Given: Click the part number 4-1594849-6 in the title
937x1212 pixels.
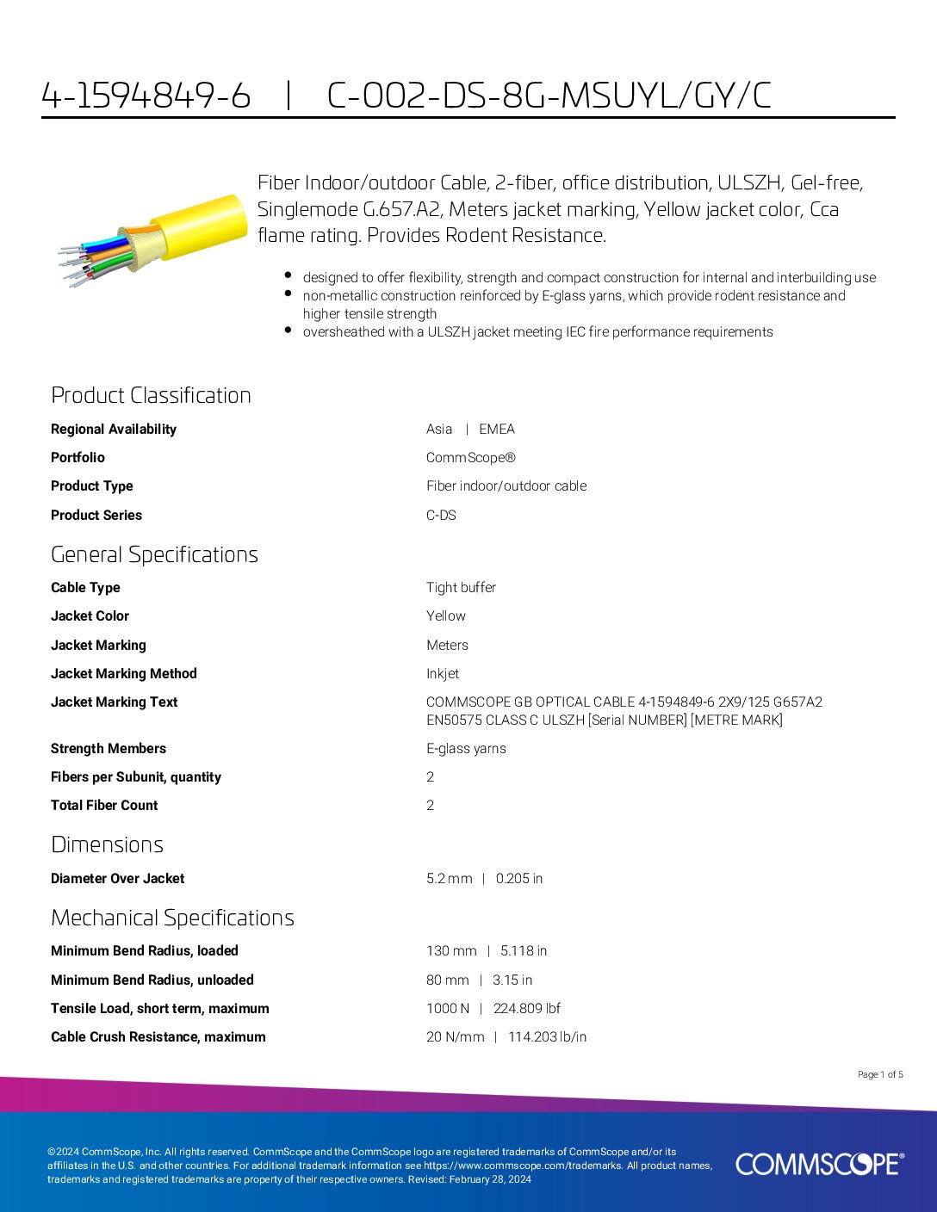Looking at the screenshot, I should point(146,96).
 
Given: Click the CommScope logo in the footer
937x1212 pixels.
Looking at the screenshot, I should point(819,1164).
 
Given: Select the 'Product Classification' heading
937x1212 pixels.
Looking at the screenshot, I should point(151,395).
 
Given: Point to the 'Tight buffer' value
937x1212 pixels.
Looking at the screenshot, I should point(461,587).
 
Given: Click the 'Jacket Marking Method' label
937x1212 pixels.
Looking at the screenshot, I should point(123,673).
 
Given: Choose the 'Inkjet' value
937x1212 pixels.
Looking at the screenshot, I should point(442,673).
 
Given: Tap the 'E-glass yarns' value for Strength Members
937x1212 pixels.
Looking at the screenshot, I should point(466,748).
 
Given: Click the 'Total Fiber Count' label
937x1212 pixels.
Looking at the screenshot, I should point(104,805).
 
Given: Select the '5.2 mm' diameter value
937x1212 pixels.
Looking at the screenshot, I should point(449,878).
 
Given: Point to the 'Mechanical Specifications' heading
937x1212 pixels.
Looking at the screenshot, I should point(172,918).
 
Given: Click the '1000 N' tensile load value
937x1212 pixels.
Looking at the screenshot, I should point(448,1008).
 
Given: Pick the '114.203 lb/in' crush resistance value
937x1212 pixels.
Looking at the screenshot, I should point(547,1036).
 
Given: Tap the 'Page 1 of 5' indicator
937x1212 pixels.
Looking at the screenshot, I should point(880,1074).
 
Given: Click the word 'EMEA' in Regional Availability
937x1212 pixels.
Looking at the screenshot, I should point(497,429).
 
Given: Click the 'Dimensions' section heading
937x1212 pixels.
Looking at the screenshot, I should point(107,844).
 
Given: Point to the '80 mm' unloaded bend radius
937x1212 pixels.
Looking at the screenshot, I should point(447,980).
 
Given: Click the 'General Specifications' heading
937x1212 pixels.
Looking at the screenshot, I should point(154,554).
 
